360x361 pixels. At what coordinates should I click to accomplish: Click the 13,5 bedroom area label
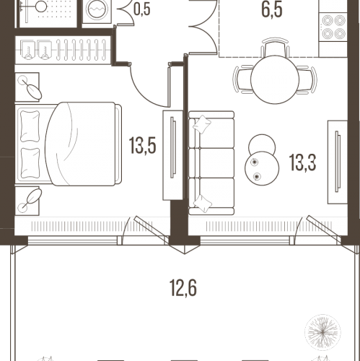tap(143, 145)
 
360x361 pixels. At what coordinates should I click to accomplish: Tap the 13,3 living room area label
tap(302, 162)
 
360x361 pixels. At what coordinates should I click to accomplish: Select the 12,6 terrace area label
tap(183, 288)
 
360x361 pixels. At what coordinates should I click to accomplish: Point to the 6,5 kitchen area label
tap(272, 9)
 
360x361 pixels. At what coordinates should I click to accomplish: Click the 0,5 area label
tap(142, 9)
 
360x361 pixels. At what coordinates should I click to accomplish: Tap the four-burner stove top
tap(333, 27)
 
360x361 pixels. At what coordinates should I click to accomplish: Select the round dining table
tap(275, 79)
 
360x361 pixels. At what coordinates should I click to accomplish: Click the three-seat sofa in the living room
tap(211, 163)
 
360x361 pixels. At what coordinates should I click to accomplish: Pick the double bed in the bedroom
tap(69, 144)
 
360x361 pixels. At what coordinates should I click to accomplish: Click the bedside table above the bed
tap(27, 87)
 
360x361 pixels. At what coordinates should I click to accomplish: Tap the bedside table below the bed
tap(27, 201)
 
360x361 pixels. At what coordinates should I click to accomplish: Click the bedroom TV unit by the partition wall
tap(172, 155)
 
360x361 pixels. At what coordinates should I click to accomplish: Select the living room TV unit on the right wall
tap(338, 162)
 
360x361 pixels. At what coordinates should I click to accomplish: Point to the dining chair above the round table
tap(275, 47)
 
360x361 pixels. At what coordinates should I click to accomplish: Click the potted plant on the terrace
tap(322, 332)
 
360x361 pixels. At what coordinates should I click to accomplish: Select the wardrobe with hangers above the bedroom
tap(63, 50)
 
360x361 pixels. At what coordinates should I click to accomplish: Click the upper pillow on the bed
tap(30, 126)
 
